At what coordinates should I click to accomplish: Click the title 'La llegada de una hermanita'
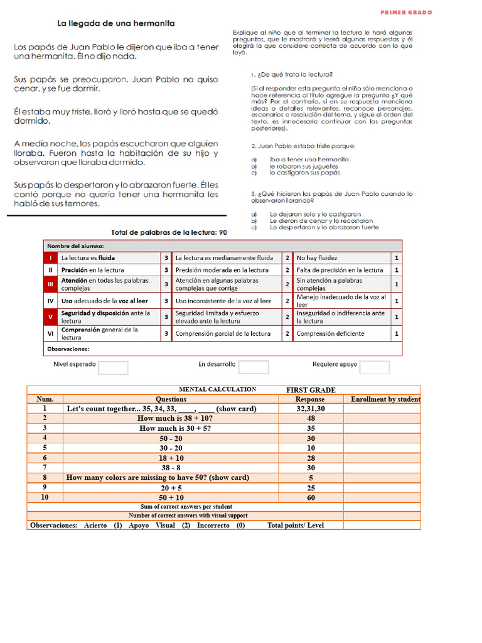coord(116,23)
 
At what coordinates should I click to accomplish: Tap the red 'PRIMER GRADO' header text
coord(406,13)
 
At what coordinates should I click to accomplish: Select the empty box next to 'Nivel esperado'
coord(113,367)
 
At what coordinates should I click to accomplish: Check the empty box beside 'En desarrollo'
coord(254,367)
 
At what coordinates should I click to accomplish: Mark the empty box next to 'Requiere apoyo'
coord(374,367)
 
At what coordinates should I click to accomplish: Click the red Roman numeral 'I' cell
coord(50,257)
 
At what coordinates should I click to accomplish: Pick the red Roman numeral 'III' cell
coord(50,284)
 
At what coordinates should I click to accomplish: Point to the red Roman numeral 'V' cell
coord(50,316)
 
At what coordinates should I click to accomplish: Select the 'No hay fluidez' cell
coord(317,257)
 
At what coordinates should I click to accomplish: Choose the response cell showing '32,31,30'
coord(310,408)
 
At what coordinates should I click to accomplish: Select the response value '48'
coord(310,418)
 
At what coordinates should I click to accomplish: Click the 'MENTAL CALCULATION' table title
coord(217,389)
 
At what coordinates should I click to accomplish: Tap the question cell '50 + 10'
coord(171,497)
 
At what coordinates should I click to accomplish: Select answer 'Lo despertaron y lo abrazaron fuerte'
coord(324,227)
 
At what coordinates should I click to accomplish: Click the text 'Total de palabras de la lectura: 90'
coord(168,232)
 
